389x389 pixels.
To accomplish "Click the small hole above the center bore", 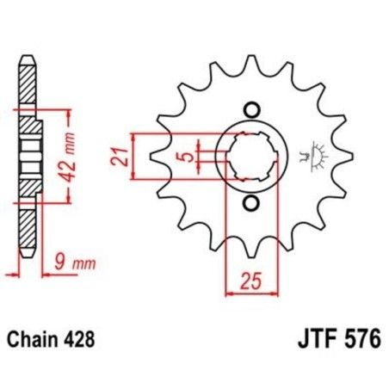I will pos(252,109).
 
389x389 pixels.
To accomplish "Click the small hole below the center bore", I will pos(252,203).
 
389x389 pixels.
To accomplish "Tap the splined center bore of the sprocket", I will pos(251,157).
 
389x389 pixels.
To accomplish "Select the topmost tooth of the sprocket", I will pos(251,64).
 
